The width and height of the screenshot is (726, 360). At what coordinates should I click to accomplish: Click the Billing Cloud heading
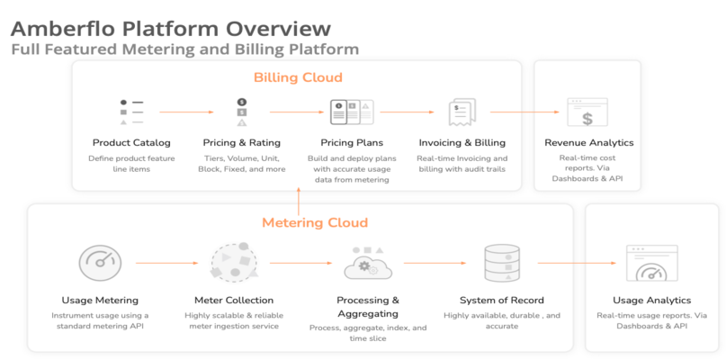tap(298, 76)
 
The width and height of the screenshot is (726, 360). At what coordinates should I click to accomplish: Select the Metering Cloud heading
tap(315, 222)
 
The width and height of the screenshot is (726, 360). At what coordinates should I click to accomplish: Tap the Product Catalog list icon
tap(131, 112)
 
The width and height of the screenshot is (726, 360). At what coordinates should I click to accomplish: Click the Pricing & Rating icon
tap(242, 112)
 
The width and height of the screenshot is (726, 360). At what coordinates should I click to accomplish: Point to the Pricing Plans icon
tap(352, 112)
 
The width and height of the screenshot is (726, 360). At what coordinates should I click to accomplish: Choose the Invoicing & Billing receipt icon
tap(462, 112)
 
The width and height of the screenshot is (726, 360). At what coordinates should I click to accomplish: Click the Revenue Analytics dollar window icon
tap(587, 112)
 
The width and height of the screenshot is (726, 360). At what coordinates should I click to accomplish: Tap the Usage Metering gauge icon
tap(100, 263)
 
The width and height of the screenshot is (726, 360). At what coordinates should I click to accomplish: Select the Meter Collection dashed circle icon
tap(234, 262)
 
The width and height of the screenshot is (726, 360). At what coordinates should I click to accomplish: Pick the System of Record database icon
tap(502, 263)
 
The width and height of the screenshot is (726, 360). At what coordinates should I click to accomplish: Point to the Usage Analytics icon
tap(652, 263)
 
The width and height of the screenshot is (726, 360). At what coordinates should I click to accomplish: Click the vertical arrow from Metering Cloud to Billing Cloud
tap(299, 202)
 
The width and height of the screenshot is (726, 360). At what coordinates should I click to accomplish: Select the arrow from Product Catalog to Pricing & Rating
tap(186, 112)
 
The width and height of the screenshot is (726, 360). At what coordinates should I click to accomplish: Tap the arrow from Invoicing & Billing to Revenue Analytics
tap(525, 112)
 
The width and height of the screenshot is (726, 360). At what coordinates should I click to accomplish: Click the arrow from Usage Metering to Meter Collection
tap(166, 263)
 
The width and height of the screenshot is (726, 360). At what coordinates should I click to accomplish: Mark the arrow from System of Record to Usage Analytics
tap(577, 263)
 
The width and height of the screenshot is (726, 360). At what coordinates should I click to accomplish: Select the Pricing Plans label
tap(352, 142)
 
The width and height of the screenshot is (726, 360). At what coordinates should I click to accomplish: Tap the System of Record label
tap(502, 301)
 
